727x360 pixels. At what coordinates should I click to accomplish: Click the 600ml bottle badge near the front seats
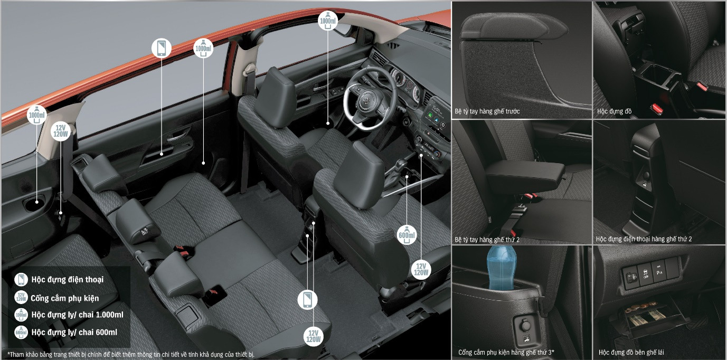[407, 235]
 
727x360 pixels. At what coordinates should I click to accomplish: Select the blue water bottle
[501, 268]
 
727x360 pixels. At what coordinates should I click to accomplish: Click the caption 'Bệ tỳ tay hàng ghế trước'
[487, 111]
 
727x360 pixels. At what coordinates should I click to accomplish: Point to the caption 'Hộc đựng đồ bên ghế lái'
[631, 352]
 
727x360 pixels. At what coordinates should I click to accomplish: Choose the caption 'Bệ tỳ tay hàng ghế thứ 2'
[487, 240]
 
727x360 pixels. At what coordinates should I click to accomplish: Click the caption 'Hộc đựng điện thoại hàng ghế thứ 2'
[644, 239]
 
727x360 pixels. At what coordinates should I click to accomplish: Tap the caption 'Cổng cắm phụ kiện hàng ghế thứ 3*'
[506, 352]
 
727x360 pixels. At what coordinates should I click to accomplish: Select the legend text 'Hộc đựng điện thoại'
[68, 279]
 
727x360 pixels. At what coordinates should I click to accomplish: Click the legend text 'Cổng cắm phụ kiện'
[65, 298]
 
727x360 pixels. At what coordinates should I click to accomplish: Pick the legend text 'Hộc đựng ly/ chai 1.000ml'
[77, 315]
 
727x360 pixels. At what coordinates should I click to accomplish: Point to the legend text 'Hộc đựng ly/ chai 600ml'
[74, 332]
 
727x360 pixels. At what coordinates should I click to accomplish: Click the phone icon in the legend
[21, 279]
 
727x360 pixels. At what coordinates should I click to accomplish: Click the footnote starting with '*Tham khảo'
[131, 354]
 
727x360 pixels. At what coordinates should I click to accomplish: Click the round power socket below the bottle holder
[525, 325]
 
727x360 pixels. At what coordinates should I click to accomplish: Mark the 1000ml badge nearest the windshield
[328, 21]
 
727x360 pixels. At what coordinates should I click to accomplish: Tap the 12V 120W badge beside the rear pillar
[61, 131]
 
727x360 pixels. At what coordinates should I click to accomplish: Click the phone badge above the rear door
[162, 48]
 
